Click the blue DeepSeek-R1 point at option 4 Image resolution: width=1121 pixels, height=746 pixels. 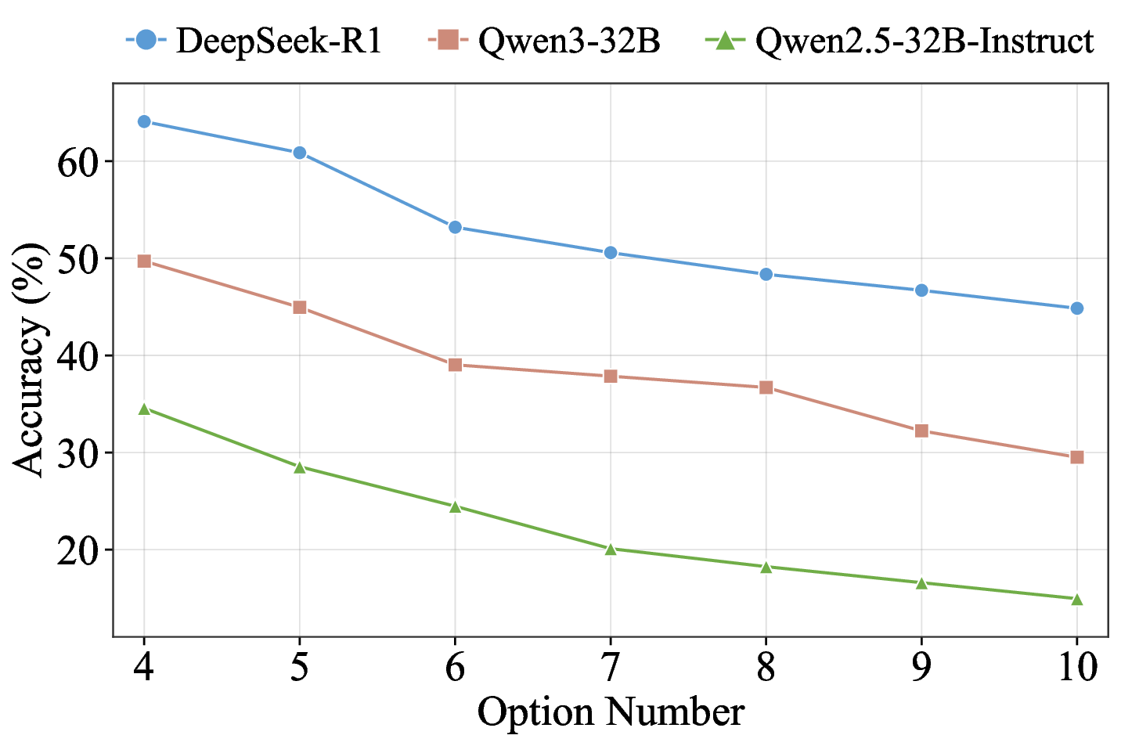coord(144,121)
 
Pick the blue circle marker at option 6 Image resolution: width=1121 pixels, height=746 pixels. coord(455,227)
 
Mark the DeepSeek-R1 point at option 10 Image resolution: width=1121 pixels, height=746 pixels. coord(1076,308)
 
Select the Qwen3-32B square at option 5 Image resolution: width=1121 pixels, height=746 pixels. coord(299,308)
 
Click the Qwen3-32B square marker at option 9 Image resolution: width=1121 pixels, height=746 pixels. coord(921,431)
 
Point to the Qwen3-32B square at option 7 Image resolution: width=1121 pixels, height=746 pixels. coord(611,377)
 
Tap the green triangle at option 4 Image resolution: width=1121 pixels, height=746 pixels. coord(144,409)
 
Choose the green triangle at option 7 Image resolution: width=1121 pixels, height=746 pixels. coord(611,549)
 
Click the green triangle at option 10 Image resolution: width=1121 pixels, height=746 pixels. coord(1076,600)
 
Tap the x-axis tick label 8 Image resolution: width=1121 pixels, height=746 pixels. coord(766,668)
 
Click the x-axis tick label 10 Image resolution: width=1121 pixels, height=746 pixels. coord(1076,668)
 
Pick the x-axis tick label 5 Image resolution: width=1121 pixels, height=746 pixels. coord(299,668)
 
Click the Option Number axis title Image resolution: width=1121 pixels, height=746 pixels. coord(611,713)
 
